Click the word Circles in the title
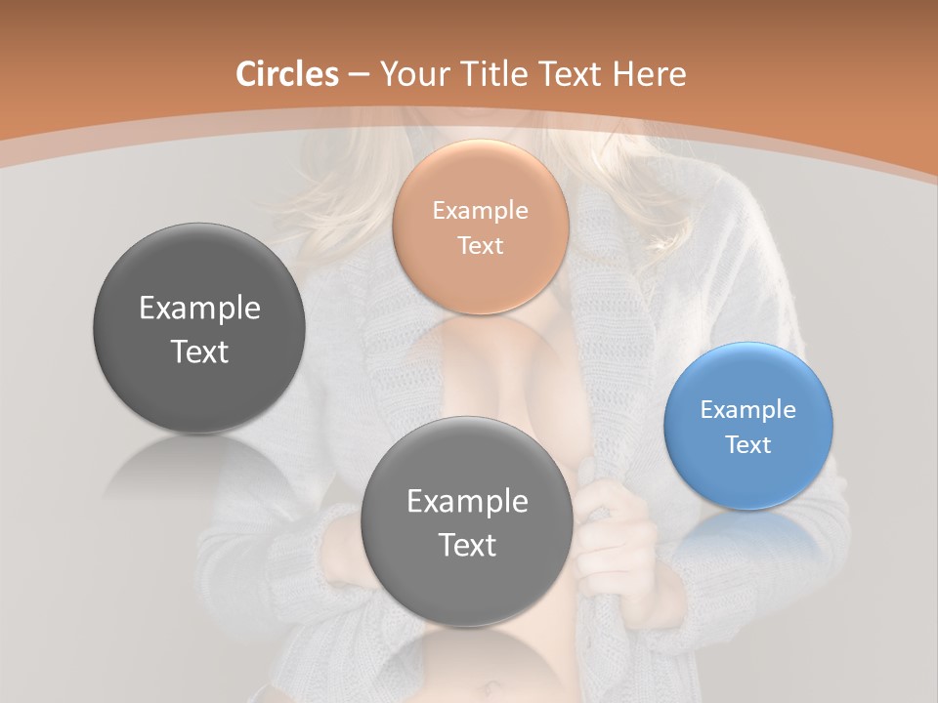coord(287,74)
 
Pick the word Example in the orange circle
coord(481,210)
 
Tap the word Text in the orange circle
coord(481,245)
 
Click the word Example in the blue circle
coord(748,409)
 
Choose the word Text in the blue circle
coord(748,444)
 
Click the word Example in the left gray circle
coord(199,309)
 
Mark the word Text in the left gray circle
coord(199,351)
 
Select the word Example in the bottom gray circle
coord(467,501)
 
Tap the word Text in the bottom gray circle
coord(467,545)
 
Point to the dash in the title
coord(359,75)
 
